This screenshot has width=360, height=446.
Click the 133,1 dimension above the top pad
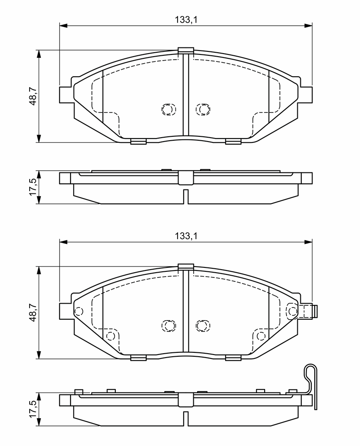coord(186,20)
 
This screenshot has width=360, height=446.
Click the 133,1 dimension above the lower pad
coord(186,236)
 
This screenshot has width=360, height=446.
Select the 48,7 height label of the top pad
coord(34,96)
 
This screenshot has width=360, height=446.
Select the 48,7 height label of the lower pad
coord(34,313)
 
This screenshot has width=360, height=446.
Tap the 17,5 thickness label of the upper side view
coord(33,187)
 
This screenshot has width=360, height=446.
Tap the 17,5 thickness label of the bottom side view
coord(33,409)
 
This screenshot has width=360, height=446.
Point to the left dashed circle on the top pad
coord(168,109)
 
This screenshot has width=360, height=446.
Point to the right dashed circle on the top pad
coord(203,109)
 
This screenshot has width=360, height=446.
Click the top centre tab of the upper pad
coord(186,51)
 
